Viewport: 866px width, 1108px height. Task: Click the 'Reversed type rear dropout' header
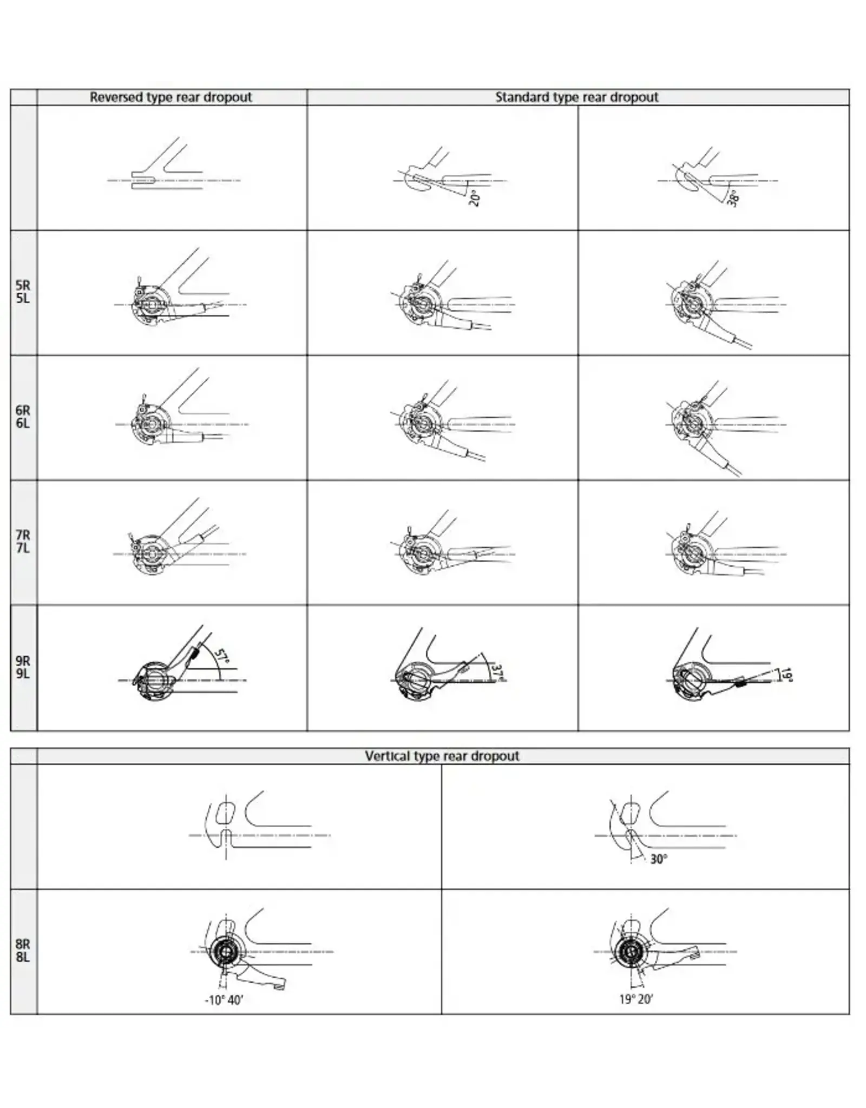(171, 97)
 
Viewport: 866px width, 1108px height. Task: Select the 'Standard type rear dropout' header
(577, 97)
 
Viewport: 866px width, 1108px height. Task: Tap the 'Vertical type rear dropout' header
(442, 756)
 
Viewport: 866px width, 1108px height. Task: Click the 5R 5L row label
(23, 292)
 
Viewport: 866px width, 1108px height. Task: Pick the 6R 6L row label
(23, 417)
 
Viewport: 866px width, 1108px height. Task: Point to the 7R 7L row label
(23, 542)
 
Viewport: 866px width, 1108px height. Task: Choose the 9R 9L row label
(23, 667)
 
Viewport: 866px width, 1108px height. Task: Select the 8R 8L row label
(23, 951)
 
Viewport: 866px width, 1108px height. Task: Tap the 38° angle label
(733, 199)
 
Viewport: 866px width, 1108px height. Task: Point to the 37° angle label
(498, 672)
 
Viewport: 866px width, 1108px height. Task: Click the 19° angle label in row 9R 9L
(787, 675)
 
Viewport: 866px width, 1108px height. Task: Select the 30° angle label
(659, 859)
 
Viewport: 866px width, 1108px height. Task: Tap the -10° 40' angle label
(224, 1000)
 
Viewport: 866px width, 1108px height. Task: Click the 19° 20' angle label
(636, 999)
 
